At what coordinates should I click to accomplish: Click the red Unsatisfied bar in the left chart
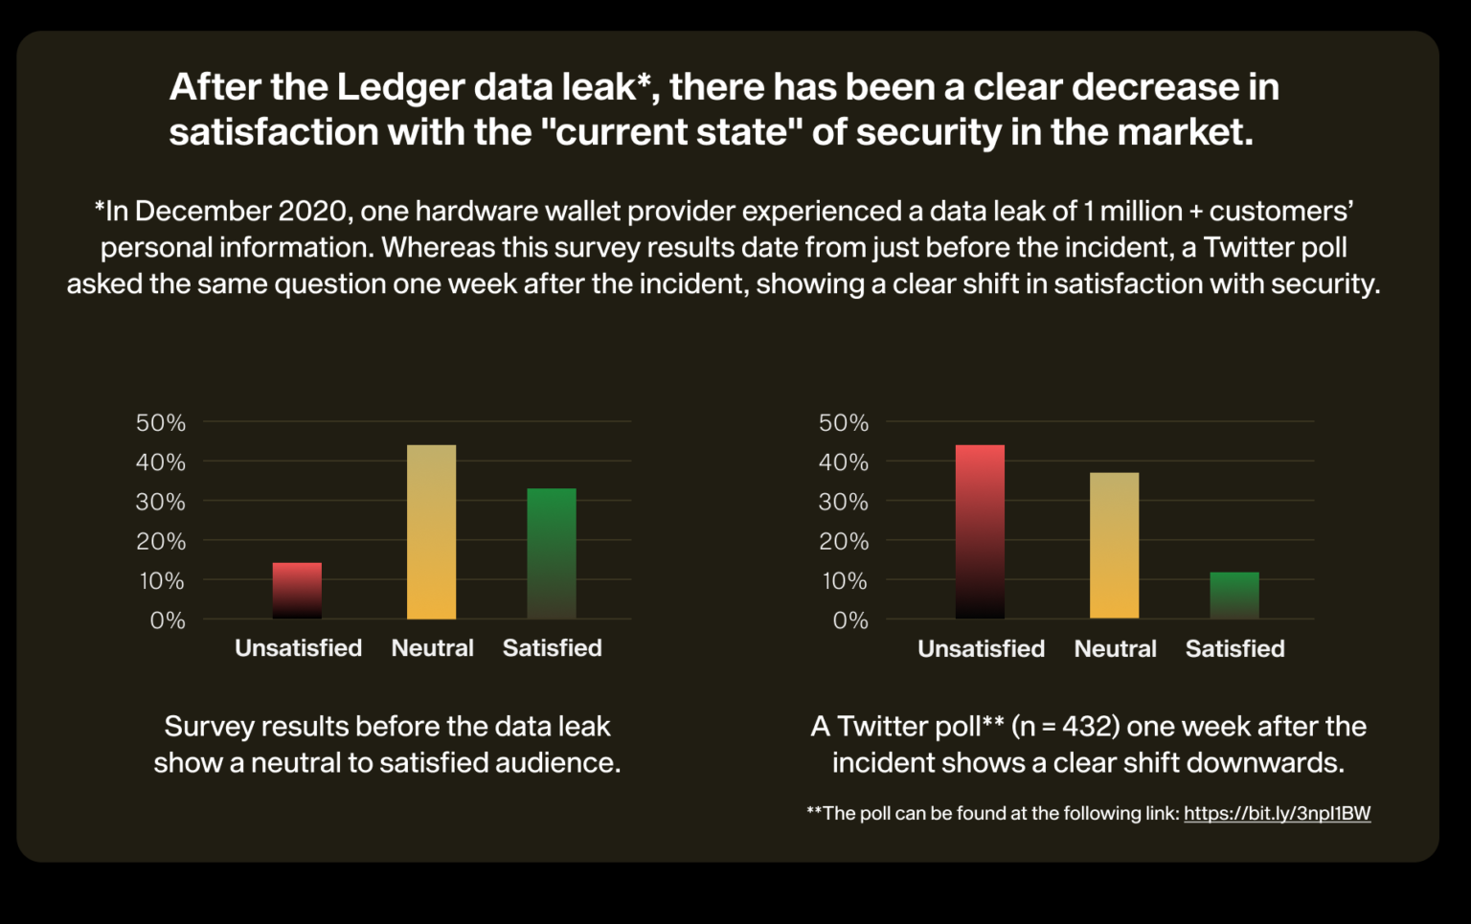(297, 590)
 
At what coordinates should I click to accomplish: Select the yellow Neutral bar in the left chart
(431, 531)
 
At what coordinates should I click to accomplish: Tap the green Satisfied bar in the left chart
(552, 553)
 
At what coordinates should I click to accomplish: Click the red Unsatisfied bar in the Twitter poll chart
(980, 531)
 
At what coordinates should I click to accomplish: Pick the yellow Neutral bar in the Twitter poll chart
(1114, 545)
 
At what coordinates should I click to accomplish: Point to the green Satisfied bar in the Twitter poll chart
(1234, 595)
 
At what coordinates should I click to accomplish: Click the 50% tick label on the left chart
(161, 422)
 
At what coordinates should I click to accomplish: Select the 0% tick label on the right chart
(850, 620)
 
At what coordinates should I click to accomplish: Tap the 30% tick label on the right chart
(843, 502)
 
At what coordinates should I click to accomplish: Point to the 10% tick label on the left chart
(162, 580)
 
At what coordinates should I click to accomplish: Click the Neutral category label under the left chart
(432, 648)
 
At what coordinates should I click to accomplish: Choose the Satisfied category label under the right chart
(1234, 649)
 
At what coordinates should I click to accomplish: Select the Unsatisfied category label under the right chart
(981, 649)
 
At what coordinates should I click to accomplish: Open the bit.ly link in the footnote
(1277, 813)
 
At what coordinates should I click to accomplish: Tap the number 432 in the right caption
(1090, 727)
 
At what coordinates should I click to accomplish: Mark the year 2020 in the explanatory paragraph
(312, 211)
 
